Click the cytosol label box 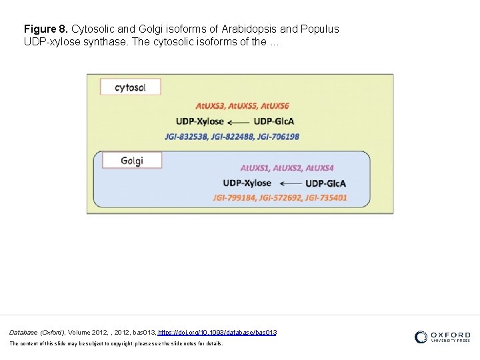[130, 87]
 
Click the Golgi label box [132, 161]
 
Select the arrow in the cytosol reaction [239, 121]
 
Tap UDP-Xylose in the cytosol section [199, 121]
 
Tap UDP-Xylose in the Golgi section [247, 183]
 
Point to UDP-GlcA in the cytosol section [274, 121]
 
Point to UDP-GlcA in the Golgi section [326, 183]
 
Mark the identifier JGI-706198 [277, 137]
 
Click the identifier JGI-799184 [235, 198]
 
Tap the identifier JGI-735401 [325, 198]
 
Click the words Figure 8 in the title [45, 29]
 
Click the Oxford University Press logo [442, 337]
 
